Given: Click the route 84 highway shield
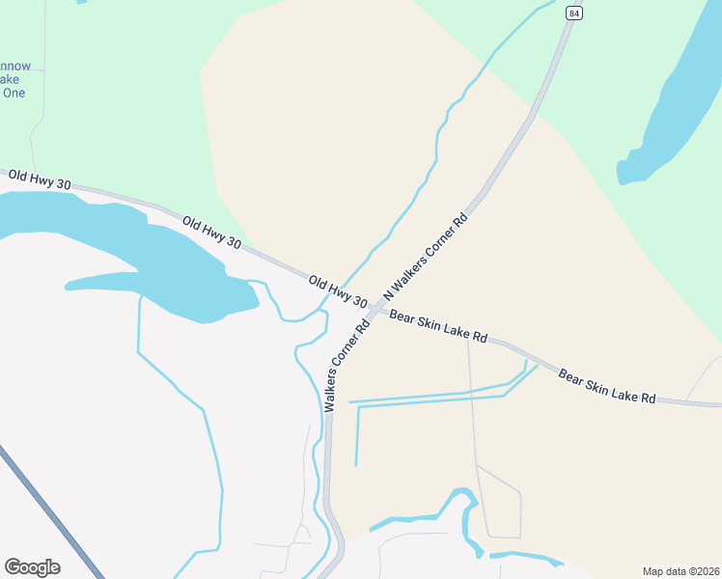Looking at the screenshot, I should (574, 13).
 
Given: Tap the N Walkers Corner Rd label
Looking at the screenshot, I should (426, 256).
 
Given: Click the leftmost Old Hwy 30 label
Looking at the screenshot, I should (39, 179).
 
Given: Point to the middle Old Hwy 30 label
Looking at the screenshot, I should (211, 233).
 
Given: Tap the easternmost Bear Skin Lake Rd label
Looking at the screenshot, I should (607, 385).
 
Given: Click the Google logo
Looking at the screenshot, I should (32, 567).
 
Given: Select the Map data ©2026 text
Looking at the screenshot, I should (680, 571).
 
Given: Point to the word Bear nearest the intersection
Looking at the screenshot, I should (403, 317).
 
